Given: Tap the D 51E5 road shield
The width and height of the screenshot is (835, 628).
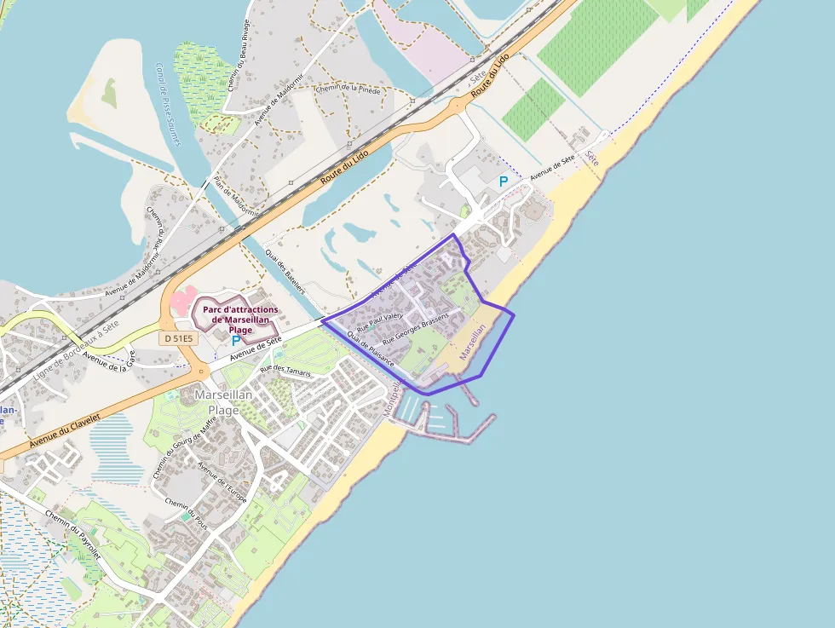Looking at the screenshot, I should [178, 338].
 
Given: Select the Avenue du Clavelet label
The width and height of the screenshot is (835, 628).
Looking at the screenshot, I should [64, 430].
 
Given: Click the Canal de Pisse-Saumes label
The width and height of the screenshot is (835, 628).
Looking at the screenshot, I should [168, 103].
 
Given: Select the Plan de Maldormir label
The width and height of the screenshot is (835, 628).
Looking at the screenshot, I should [235, 197].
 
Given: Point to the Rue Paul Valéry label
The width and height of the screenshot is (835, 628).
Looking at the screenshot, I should [379, 320].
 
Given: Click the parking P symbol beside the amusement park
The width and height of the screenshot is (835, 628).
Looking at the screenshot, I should [236, 341].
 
